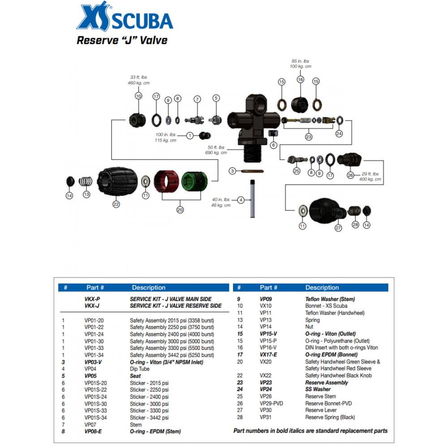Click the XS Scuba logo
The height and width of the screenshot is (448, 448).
coord(125,18)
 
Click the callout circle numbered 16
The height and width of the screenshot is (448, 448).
coord(300,79)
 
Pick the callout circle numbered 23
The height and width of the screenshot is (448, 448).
coord(309,137)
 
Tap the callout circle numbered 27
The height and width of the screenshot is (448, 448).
coord(338,228)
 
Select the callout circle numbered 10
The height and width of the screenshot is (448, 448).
coord(138,96)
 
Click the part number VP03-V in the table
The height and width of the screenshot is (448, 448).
coord(93,362)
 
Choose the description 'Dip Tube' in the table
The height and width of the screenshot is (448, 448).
coord(140,369)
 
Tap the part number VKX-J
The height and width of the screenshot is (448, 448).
coord(92,306)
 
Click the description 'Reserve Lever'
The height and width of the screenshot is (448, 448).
coord(321,410)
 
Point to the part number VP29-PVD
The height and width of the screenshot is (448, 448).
coord(271,403)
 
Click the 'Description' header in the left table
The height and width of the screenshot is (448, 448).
coord(148,288)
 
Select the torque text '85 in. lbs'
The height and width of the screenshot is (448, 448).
coord(300,61)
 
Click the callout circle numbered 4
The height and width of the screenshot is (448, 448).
coord(241,200)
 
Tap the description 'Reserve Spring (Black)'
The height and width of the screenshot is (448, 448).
coord(330,417)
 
